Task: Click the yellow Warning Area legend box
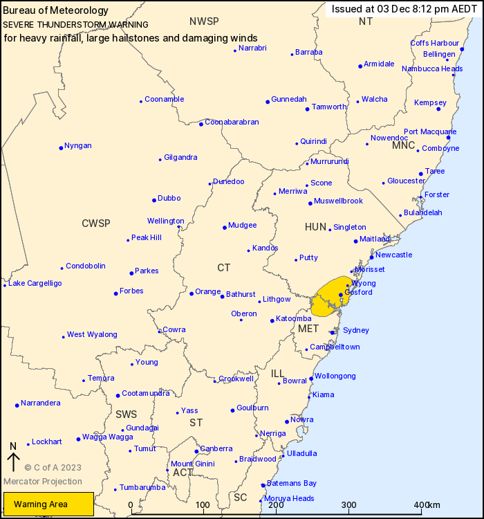pyautogui.click(x=48, y=504)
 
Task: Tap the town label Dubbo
pyautogui.click(x=169, y=199)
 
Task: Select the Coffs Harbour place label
pyautogui.click(x=435, y=43)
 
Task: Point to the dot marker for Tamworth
pyautogui.click(x=307, y=109)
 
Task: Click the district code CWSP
pyautogui.click(x=95, y=223)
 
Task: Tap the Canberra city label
pyautogui.click(x=216, y=449)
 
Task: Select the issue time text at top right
pyautogui.click(x=404, y=9)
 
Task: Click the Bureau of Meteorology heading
pyautogui.click(x=56, y=10)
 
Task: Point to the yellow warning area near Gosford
pyautogui.click(x=331, y=294)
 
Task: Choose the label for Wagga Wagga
pyautogui.click(x=107, y=437)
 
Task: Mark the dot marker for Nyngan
pyautogui.click(x=61, y=147)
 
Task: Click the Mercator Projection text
pyautogui.click(x=42, y=482)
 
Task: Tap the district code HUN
pyautogui.click(x=315, y=227)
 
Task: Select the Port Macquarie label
pyautogui.click(x=430, y=131)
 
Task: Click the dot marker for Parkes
pyautogui.click(x=131, y=273)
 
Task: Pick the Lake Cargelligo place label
pyautogui.click(x=35, y=283)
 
